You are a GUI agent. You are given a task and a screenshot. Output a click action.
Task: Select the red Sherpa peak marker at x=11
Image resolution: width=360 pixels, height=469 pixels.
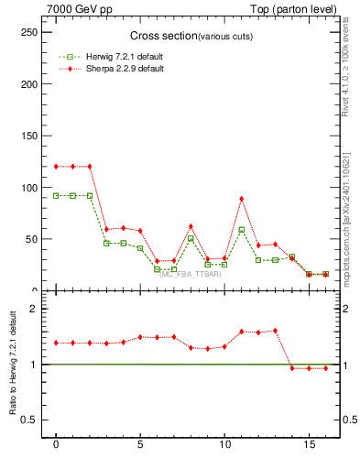242,199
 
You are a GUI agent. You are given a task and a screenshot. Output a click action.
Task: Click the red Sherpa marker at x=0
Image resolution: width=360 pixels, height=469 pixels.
56,167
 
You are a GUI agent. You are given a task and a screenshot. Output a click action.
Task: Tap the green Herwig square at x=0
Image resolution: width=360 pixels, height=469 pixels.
56,195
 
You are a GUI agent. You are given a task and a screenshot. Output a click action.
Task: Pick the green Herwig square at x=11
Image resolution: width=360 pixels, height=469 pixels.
242,230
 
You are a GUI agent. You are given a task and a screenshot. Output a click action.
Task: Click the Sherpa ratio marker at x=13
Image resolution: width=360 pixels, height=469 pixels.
275,330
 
